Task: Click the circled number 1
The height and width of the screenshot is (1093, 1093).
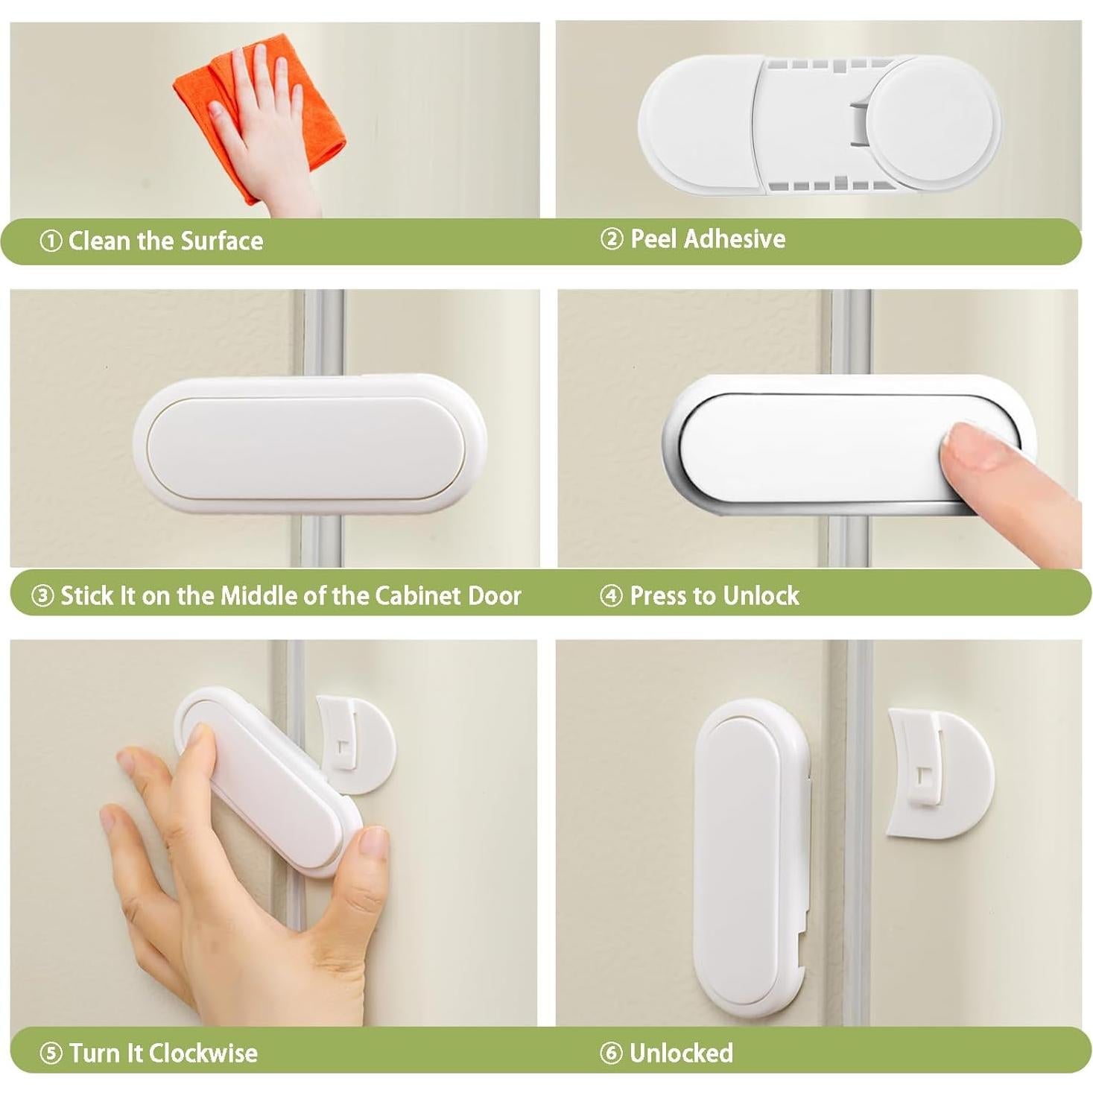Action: click(x=51, y=241)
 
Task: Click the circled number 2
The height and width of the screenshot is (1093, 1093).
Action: click(x=612, y=238)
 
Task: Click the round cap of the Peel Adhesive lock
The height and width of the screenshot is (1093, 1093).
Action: click(x=942, y=119)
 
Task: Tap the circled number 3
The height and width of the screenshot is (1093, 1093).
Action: click(x=42, y=595)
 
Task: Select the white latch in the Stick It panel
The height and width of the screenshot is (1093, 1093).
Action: click(x=309, y=445)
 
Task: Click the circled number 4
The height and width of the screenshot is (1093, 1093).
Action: click(x=612, y=595)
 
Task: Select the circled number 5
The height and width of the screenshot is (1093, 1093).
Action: click(x=51, y=1053)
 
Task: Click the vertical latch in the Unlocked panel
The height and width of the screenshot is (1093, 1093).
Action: click(x=747, y=857)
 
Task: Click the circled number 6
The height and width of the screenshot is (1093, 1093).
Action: click(x=612, y=1053)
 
